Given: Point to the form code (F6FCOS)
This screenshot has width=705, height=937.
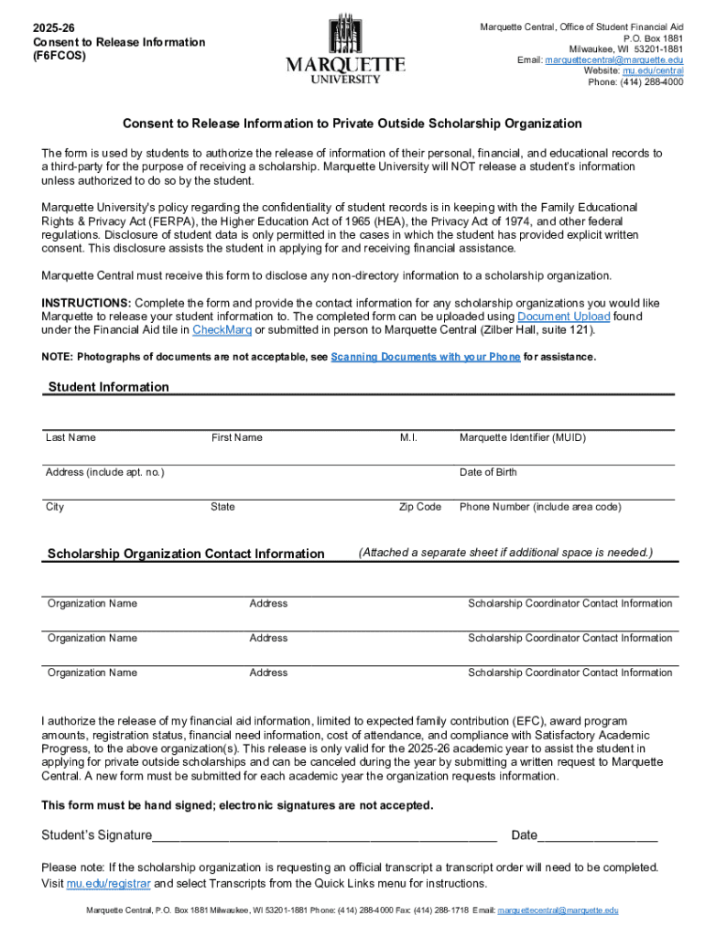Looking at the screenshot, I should pos(60,57).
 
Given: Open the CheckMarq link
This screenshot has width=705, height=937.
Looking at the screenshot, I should pos(222,330).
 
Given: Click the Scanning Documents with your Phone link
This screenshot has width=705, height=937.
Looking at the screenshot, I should pos(425,357).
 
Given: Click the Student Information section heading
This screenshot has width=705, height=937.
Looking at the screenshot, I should pos(108,387).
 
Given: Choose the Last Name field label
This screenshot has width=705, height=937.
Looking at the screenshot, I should pos(70,437).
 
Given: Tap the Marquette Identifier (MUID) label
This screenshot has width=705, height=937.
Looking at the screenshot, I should pos(522,437).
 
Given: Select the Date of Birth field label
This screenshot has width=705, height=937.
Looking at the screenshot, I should pos(488,472).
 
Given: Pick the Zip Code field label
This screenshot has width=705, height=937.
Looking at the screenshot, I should pos(420,507).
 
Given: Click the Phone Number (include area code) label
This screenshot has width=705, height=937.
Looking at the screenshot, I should pos(540,507).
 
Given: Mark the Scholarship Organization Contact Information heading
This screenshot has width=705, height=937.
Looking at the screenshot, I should pos(186,554).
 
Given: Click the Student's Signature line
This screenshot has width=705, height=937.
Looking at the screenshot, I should pos(325,835).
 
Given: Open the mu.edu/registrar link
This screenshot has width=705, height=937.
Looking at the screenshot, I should pos(109,884).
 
